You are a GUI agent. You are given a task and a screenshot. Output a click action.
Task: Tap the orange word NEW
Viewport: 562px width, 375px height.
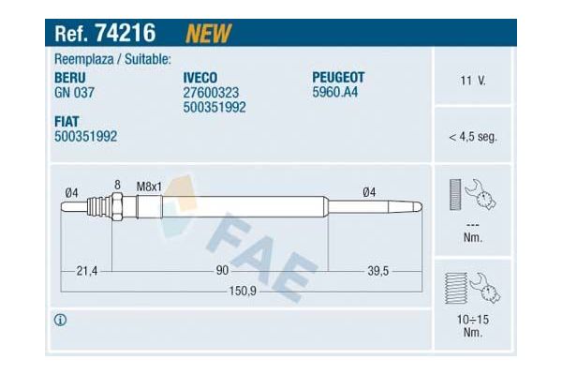209,34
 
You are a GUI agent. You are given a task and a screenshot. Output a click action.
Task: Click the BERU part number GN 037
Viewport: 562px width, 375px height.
75,93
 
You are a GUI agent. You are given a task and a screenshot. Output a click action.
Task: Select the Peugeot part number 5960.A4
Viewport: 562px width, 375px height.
335,93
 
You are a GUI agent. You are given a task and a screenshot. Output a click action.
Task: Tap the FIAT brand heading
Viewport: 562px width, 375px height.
68,120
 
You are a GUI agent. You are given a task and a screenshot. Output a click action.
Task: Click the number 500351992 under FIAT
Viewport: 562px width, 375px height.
86,136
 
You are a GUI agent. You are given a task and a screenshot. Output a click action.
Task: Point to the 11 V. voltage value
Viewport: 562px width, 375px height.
472,81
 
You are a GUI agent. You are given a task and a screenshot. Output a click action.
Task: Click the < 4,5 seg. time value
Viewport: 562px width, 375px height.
472,137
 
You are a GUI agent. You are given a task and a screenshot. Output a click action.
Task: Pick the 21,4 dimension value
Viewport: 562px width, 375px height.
85,271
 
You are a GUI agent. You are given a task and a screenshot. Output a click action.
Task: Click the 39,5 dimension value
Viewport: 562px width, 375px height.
377,271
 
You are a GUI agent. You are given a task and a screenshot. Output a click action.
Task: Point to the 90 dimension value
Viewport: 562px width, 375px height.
223,271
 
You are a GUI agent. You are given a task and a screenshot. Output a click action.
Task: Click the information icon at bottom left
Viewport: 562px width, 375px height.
61,321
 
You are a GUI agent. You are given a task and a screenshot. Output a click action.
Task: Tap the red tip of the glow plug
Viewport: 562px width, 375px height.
418,205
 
